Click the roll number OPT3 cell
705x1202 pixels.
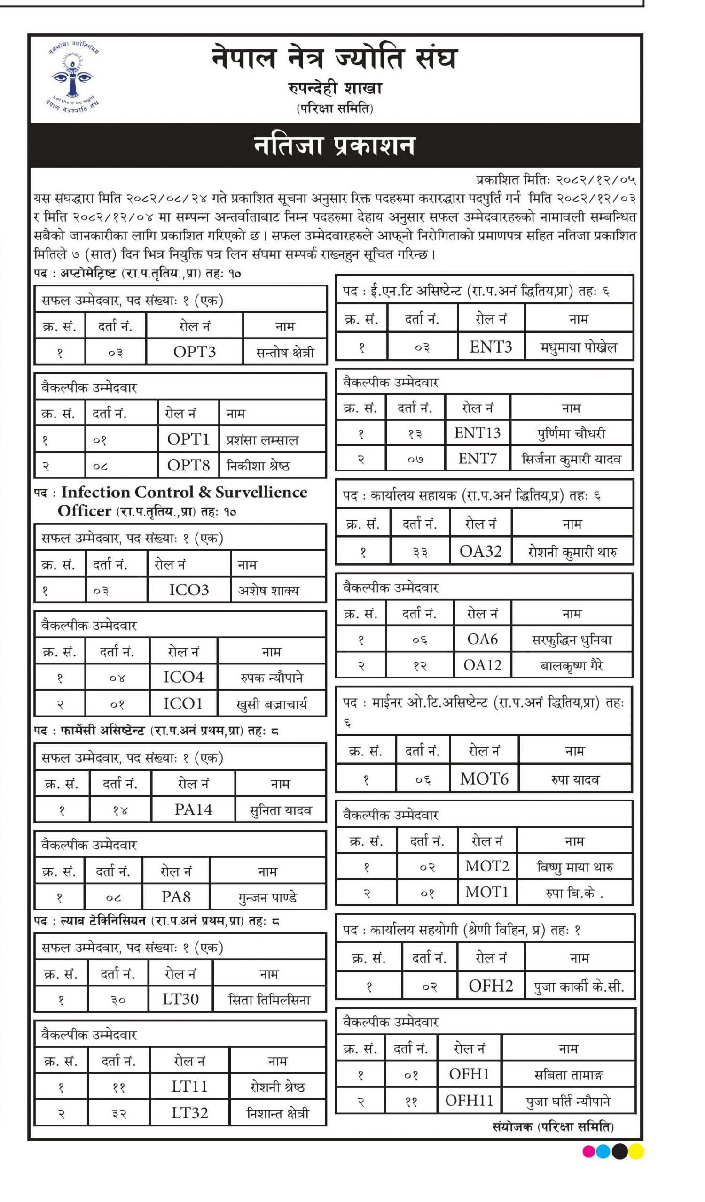(x=194, y=352)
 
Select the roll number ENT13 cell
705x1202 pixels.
(x=478, y=433)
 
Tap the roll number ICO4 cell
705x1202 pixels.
(x=183, y=677)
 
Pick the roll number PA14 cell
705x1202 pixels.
(x=193, y=809)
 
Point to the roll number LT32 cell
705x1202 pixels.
(x=189, y=1113)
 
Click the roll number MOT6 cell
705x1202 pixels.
(x=484, y=779)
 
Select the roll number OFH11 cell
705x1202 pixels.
(x=469, y=1101)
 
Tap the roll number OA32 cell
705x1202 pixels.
(x=480, y=552)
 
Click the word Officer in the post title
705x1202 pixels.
(x=85, y=511)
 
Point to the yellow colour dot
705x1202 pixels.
(x=636, y=1151)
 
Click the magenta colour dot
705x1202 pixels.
(x=589, y=1151)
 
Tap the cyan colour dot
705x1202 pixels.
(x=604, y=1151)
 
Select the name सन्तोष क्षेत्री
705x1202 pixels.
(x=285, y=353)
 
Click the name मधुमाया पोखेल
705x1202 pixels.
(x=579, y=348)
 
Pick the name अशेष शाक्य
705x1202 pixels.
(x=269, y=591)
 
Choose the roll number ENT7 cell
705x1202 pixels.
(x=478, y=459)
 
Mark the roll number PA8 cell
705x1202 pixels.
(x=176, y=897)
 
